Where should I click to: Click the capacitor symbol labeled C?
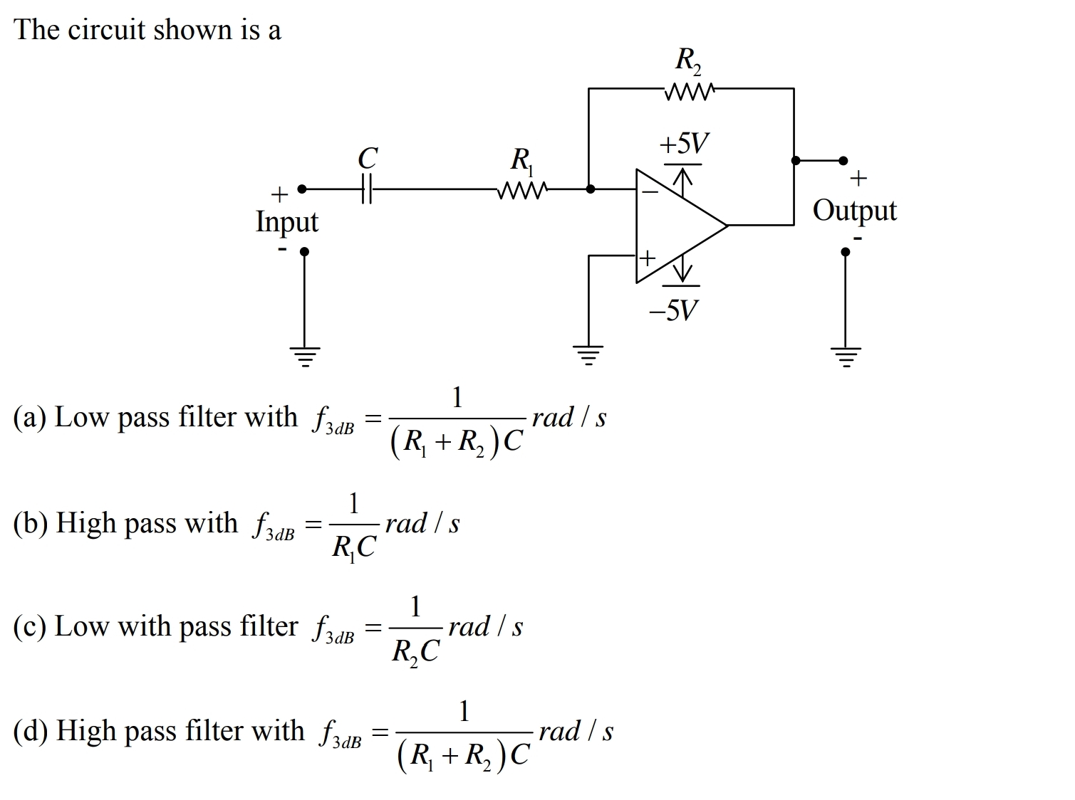366,190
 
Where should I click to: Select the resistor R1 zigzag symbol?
523,190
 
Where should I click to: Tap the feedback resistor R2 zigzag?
688,90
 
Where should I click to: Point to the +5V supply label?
684,144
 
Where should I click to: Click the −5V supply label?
673,310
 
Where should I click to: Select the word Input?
287,222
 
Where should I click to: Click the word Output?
854,211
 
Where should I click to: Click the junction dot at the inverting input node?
590,189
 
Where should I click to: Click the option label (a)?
30,417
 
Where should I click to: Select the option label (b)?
31,523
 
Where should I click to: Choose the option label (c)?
30,627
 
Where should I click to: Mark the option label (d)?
31,731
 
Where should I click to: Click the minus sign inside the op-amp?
649,192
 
